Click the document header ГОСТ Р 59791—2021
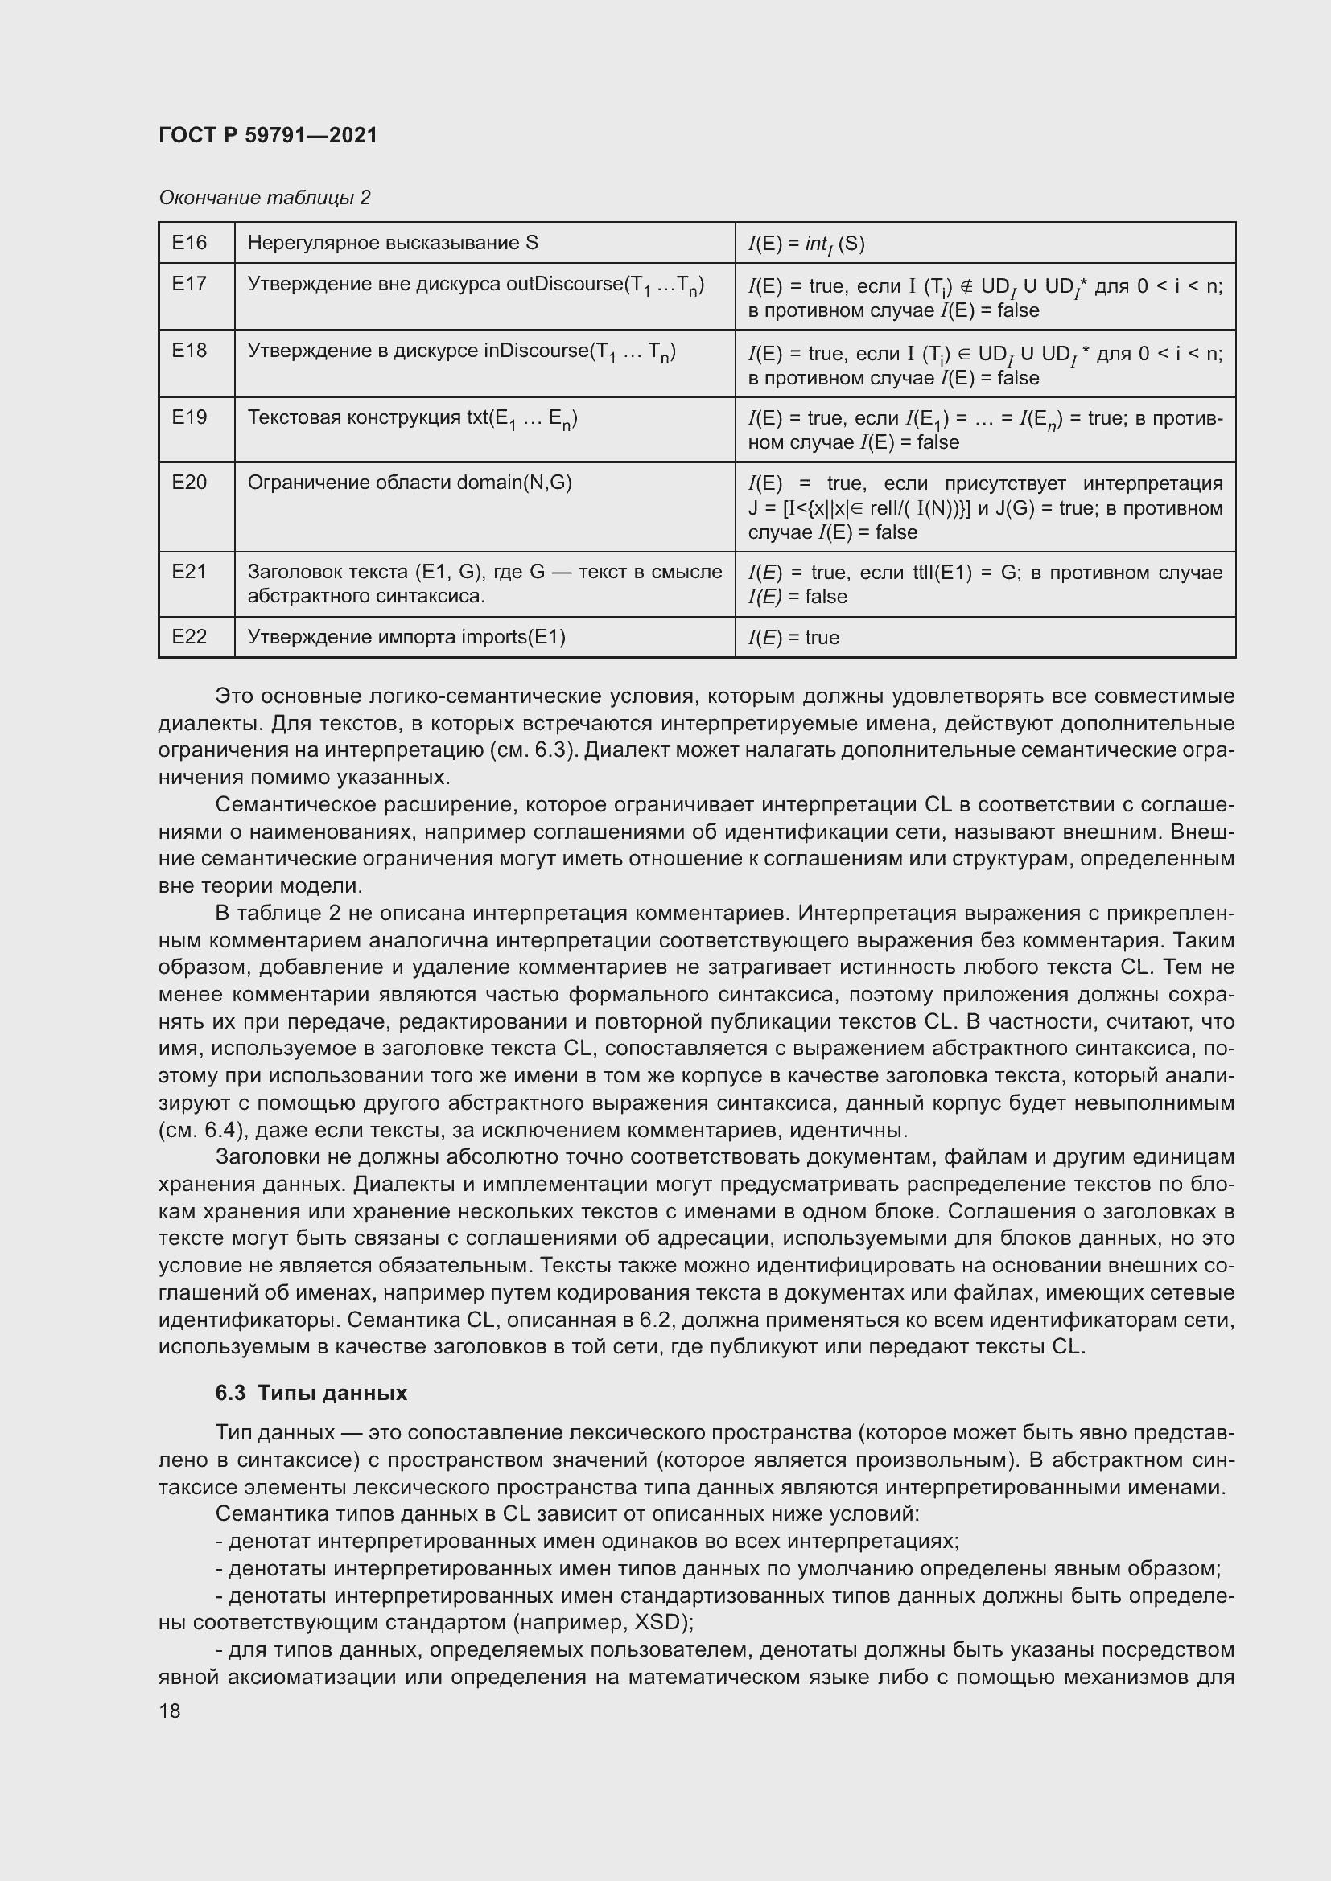[x=268, y=135]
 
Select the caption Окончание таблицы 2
[x=264, y=198]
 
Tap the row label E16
[x=189, y=243]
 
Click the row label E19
[x=189, y=417]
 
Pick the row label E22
[x=189, y=637]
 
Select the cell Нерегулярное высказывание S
[x=393, y=243]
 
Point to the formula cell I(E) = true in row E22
[x=793, y=638]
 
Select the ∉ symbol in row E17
[x=966, y=286]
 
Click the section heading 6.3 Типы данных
[x=311, y=1393]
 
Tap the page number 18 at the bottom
[x=170, y=1711]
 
